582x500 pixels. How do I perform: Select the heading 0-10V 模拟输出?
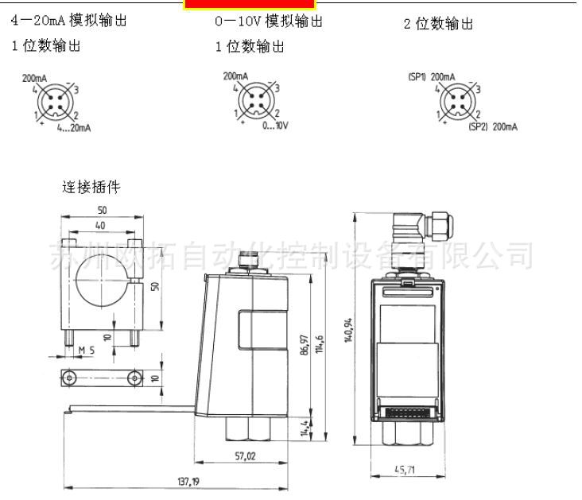pyautogui.click(x=269, y=21)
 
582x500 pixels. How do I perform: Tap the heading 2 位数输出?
pyautogui.click(x=438, y=24)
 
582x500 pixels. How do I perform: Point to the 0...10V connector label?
pyautogui.click(x=275, y=126)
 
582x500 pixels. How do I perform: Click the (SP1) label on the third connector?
pyautogui.click(x=417, y=77)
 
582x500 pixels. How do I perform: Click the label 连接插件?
pyautogui.click(x=91, y=188)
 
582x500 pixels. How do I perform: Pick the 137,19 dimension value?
pyautogui.click(x=188, y=482)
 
